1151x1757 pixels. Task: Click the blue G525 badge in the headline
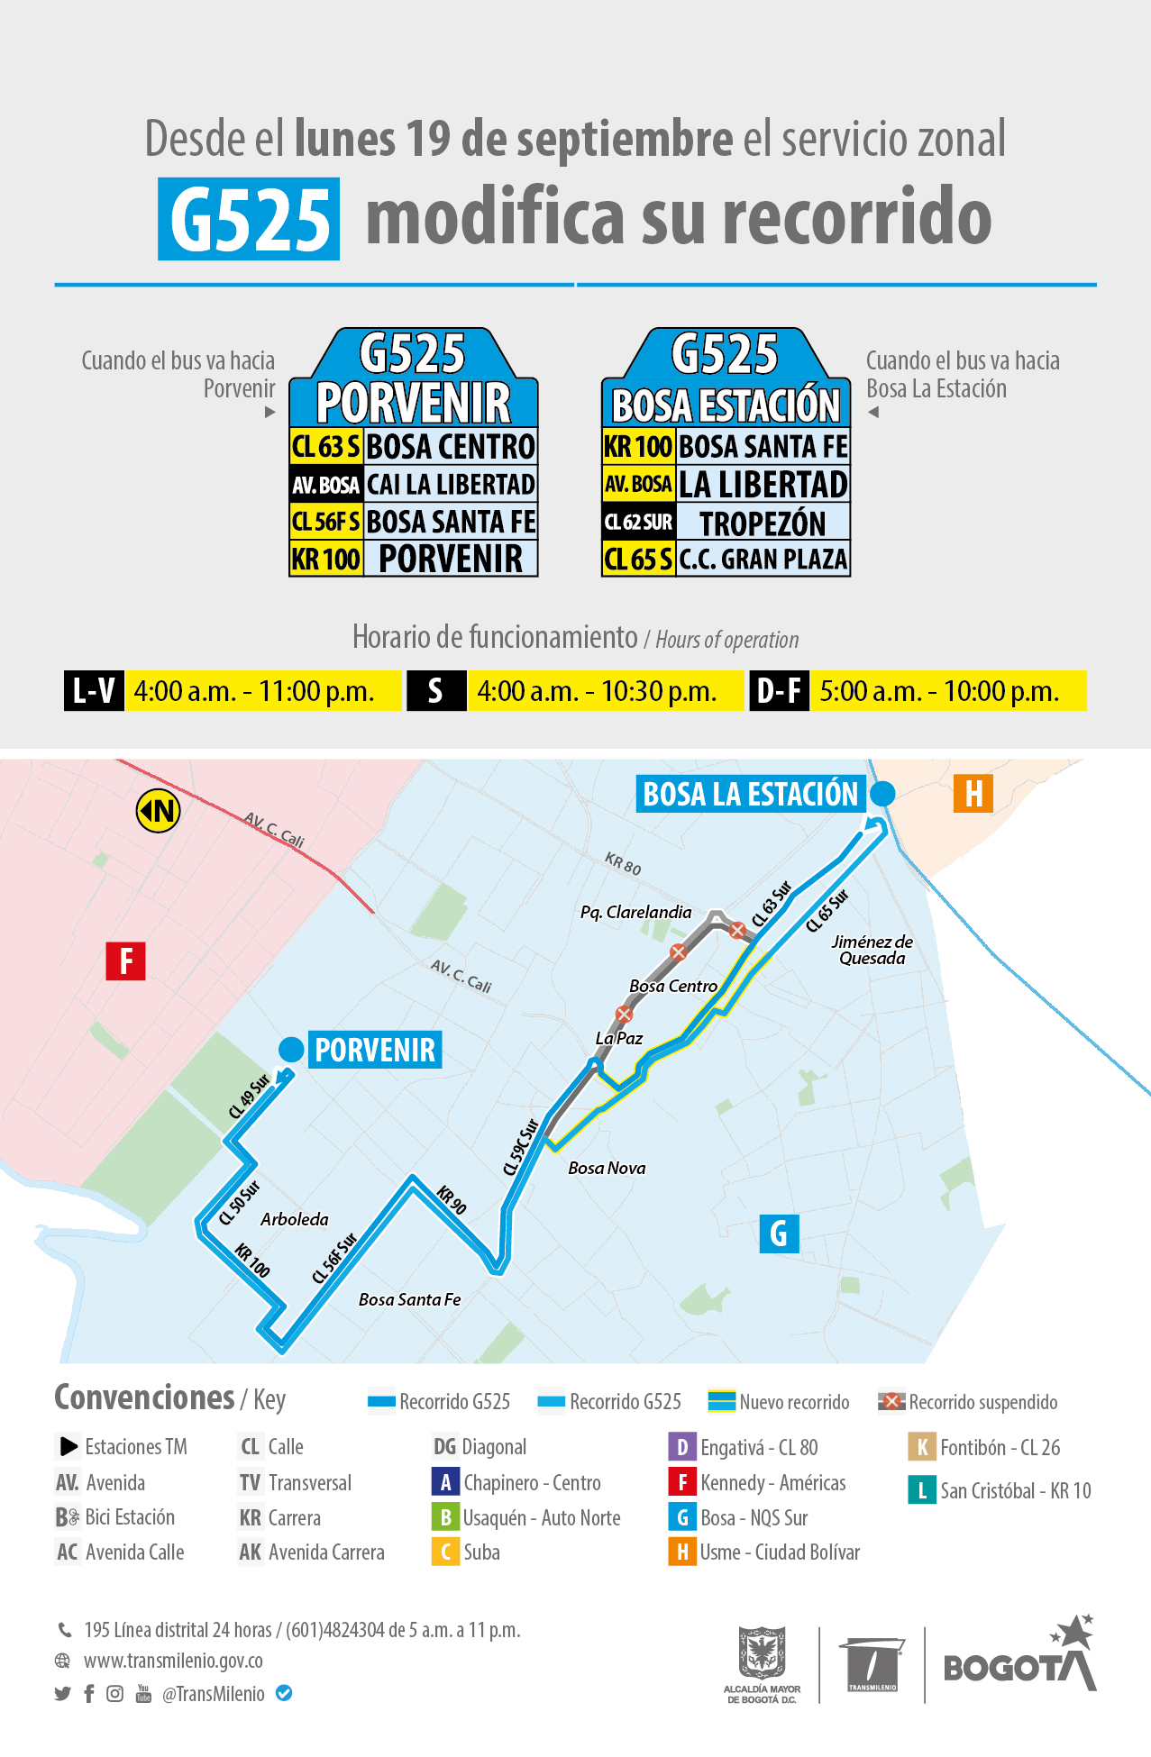(249, 219)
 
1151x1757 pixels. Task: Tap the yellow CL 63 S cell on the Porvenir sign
(325, 446)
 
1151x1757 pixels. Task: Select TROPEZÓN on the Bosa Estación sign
(763, 523)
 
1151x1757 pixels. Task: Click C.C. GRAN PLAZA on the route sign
(763, 560)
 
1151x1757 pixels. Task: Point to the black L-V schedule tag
(94, 691)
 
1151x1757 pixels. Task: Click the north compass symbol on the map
(158, 811)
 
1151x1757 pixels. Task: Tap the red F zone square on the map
(126, 960)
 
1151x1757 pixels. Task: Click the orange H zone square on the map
(973, 794)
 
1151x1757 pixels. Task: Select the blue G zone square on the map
(779, 1233)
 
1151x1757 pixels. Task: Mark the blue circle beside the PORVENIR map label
(291, 1050)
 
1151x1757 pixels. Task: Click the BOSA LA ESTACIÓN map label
(750, 794)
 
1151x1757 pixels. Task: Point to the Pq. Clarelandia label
(635, 912)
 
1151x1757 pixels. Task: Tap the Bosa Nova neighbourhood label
(607, 1168)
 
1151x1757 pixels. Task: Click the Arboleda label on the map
(295, 1219)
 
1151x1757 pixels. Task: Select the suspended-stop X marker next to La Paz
(624, 1015)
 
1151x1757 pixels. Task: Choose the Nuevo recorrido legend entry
(781, 1402)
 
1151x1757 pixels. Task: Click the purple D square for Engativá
(682, 1447)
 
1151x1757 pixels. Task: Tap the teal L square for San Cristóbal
(921, 1490)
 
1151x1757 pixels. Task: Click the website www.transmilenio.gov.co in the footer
(173, 1661)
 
